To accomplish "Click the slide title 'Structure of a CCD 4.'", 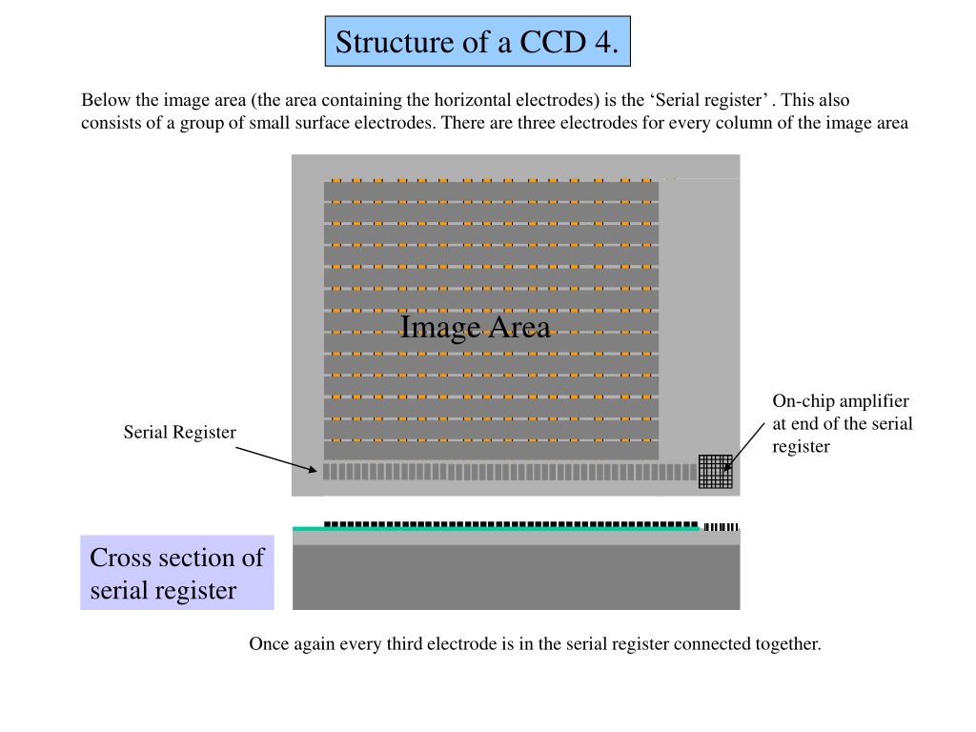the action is click(478, 42).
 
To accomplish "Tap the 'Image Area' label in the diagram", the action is click(475, 328).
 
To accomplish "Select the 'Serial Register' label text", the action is click(180, 432).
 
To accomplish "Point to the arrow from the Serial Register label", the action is click(275, 458).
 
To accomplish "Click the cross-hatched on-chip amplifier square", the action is click(715, 472).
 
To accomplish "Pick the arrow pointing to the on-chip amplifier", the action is click(744, 447).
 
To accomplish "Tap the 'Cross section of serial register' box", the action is click(177, 573).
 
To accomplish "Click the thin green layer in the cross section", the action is click(496, 529).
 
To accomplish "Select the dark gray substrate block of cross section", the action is click(516, 578).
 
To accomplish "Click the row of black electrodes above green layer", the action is click(511, 524).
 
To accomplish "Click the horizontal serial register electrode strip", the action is click(510, 472).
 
